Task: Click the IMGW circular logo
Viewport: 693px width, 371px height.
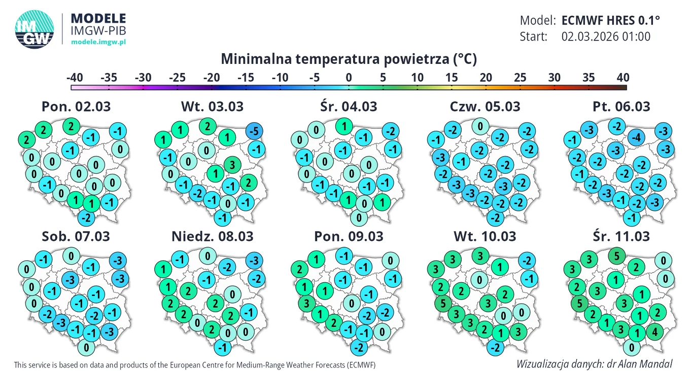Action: pos(34,30)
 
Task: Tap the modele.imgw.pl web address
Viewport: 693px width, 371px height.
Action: pos(98,42)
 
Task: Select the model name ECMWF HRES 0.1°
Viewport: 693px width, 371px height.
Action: pos(611,20)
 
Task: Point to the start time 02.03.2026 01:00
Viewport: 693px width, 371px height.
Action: pos(606,36)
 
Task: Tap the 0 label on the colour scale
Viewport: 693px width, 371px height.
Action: pos(349,78)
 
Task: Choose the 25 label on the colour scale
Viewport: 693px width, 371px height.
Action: pos(520,78)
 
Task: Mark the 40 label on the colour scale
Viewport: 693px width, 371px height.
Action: pos(622,78)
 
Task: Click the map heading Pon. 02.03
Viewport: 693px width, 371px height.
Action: pos(76,106)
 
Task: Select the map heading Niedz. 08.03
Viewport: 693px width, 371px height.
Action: pos(212,236)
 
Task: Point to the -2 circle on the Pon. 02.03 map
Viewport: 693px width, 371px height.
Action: pos(87,218)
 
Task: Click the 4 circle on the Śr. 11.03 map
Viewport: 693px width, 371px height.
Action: pos(655,332)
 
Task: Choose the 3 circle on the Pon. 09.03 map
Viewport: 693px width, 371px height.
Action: pos(306,305)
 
